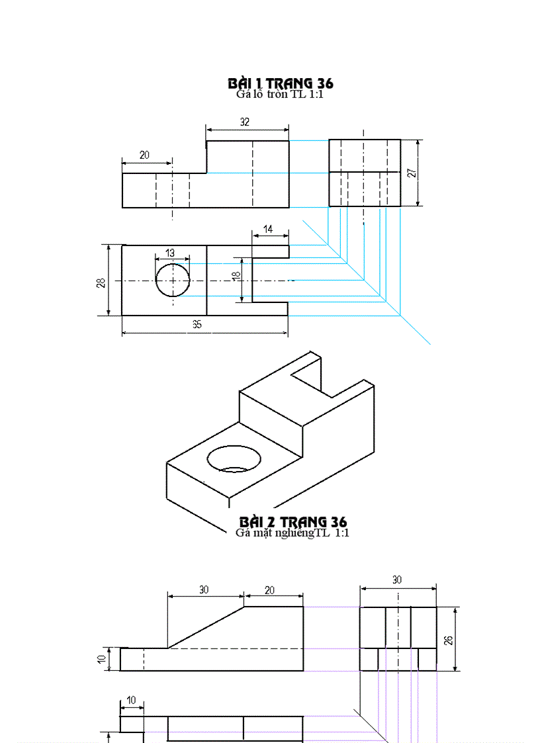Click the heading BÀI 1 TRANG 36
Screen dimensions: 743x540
click(x=280, y=83)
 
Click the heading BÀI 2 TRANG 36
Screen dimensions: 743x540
click(x=293, y=522)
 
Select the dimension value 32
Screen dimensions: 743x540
click(x=245, y=122)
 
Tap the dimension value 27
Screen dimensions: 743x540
click(x=411, y=173)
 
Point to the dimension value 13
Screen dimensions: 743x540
click(x=170, y=253)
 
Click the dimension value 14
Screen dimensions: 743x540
click(x=267, y=229)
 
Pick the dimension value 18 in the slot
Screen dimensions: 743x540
click(x=236, y=277)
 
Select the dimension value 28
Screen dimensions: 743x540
click(x=101, y=283)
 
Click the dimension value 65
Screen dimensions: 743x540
click(x=197, y=324)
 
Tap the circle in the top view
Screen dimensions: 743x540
click(x=173, y=280)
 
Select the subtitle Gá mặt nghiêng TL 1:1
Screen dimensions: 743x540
click(x=292, y=533)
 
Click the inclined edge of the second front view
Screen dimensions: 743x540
click(x=206, y=627)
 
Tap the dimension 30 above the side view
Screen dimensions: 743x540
click(x=397, y=580)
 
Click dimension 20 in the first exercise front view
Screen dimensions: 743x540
click(x=144, y=155)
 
